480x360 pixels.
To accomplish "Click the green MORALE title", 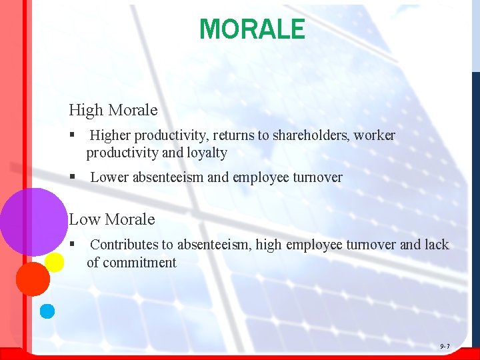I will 252,29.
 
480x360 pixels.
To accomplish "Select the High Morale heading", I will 113,109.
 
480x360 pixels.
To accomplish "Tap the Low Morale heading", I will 111,219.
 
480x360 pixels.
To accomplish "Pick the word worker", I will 375,136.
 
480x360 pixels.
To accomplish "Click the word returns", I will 234,136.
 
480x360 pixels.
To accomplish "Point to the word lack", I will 437,245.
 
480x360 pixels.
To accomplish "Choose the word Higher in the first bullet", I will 111,136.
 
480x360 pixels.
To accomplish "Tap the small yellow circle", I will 55,263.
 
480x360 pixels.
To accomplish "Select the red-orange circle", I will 32,279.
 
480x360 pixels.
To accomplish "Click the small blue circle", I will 47,311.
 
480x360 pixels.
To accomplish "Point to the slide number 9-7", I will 445,346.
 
